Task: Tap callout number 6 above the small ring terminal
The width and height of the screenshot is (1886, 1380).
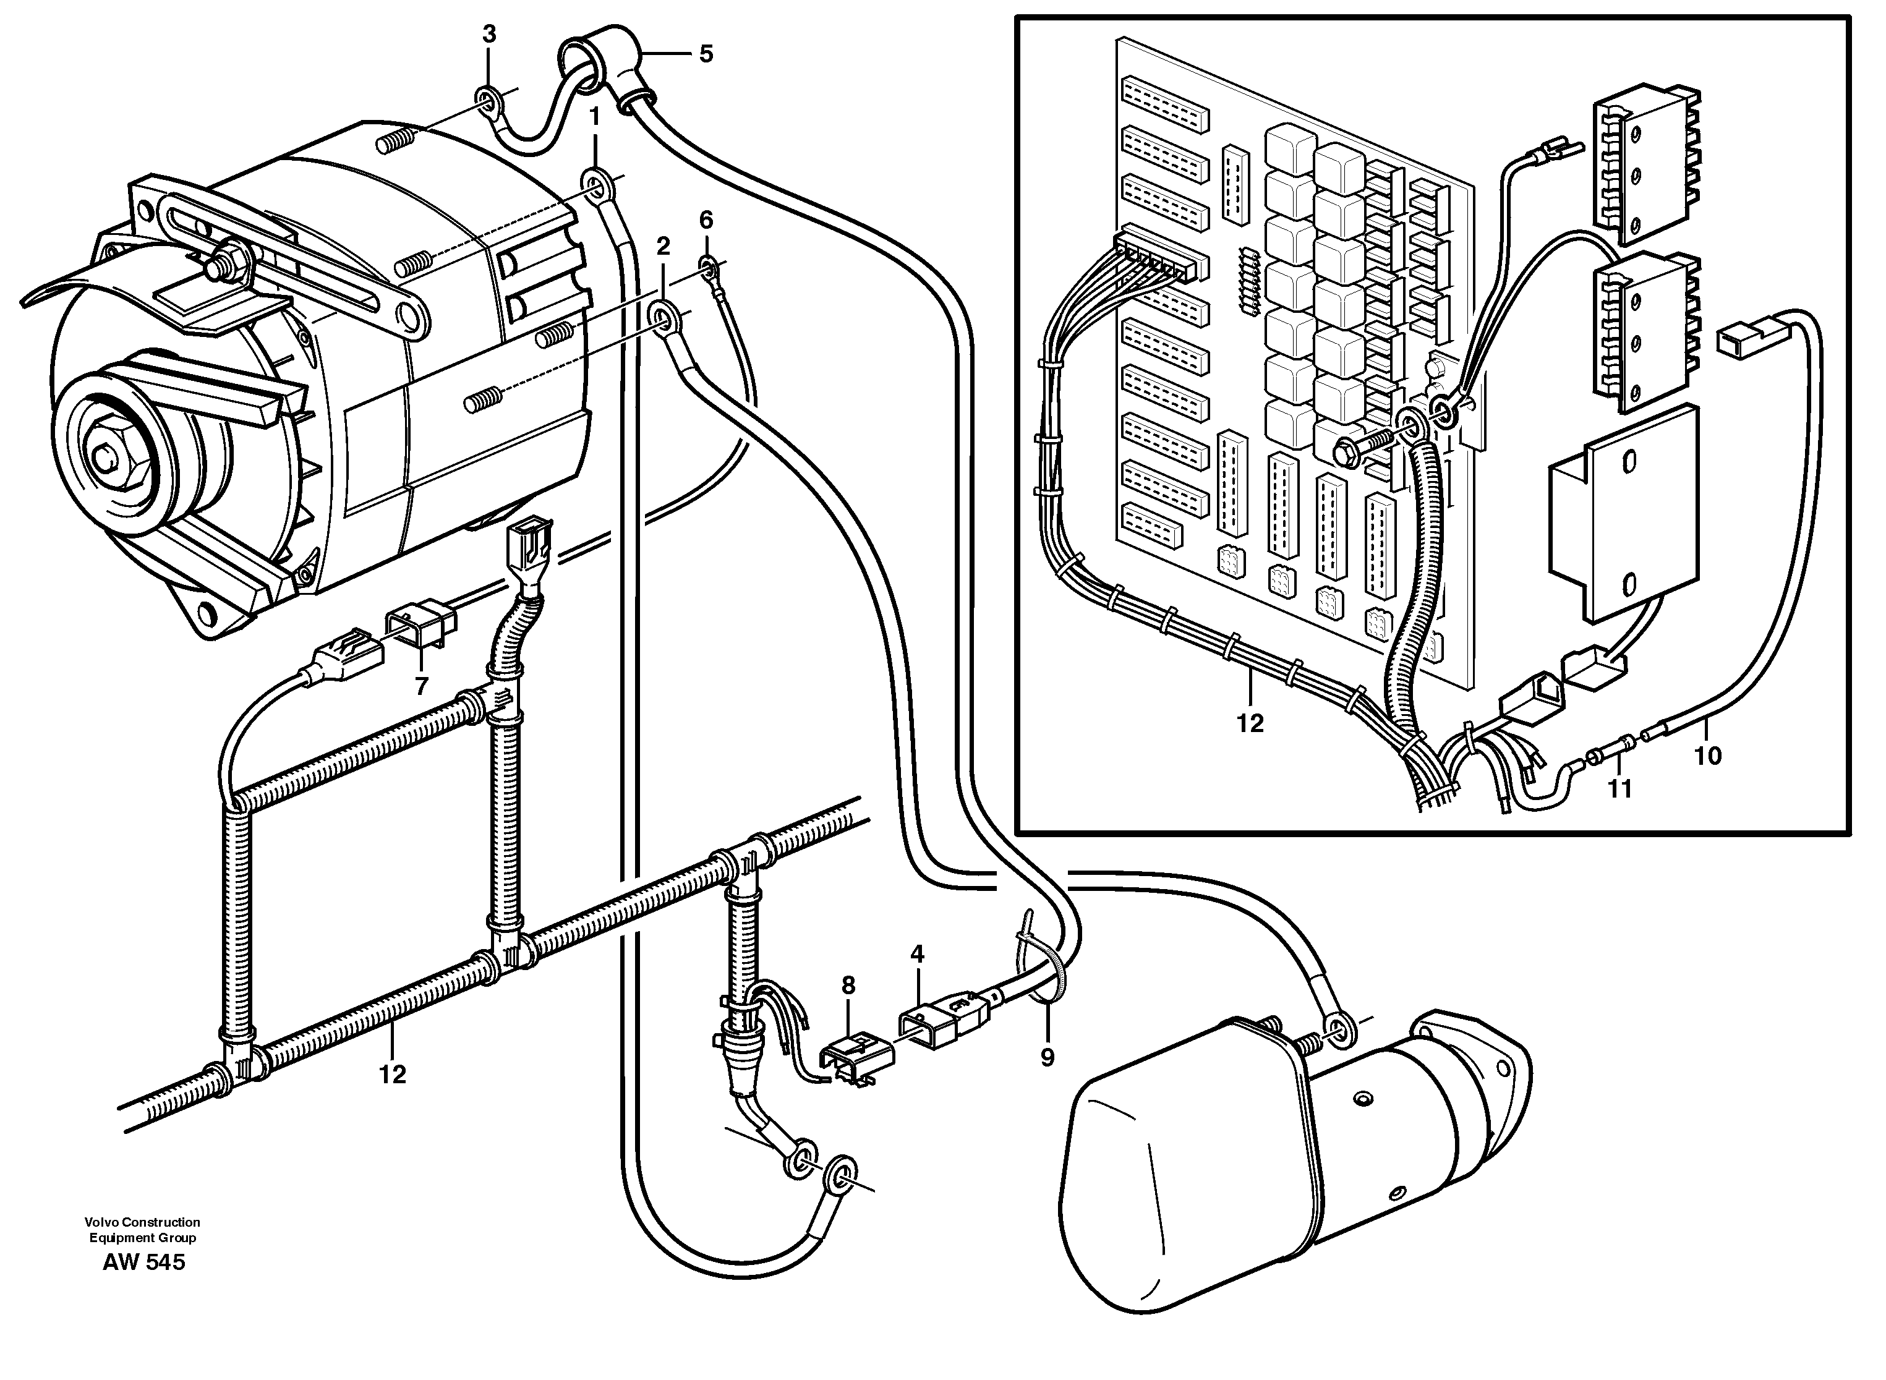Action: pos(707,221)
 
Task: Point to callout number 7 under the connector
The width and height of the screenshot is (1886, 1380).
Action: pos(422,686)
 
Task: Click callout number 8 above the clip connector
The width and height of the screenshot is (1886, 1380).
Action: pos(848,986)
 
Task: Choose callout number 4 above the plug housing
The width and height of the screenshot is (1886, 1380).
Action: pos(918,953)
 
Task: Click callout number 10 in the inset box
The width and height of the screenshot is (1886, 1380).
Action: pos(1708,756)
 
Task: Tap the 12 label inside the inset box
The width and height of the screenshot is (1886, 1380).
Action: pos(1250,723)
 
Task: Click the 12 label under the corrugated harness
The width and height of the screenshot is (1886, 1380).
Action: pos(393,1075)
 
